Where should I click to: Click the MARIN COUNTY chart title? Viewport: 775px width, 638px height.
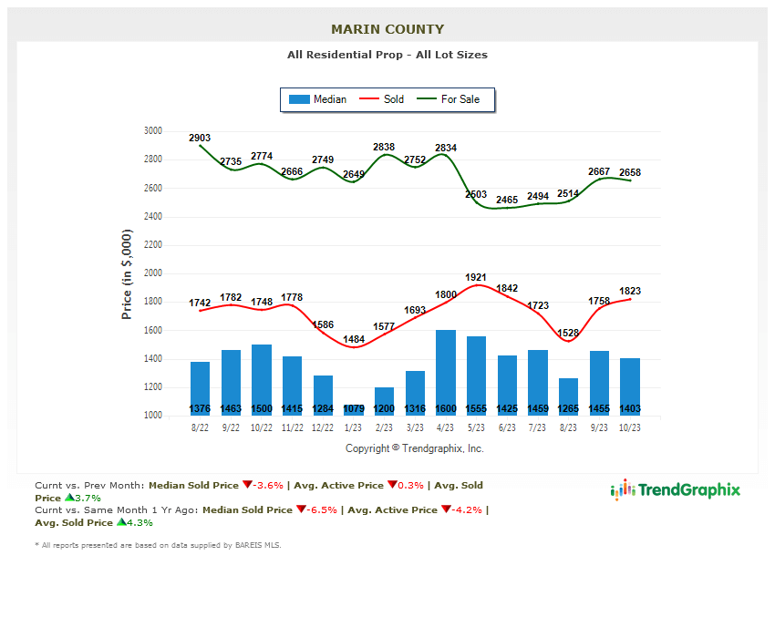tap(387, 29)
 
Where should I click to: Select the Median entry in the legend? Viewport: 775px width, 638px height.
tap(317, 99)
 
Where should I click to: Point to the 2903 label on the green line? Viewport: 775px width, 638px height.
tap(200, 138)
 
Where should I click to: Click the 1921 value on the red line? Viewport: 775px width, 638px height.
tap(475, 277)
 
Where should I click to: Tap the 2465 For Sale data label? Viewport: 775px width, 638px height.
tap(507, 200)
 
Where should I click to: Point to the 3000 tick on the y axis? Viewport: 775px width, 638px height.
tap(152, 131)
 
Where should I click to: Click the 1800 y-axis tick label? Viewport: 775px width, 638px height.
tap(152, 302)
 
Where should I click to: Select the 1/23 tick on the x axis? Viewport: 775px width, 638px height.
tap(354, 427)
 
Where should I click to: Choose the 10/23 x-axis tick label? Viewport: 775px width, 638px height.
tap(630, 427)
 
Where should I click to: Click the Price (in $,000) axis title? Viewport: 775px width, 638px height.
tap(127, 273)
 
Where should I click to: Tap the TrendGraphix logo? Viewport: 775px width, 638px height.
tap(676, 490)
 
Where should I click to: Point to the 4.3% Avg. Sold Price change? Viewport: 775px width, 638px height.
tap(139, 523)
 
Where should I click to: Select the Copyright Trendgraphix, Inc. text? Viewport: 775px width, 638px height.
tap(415, 448)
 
